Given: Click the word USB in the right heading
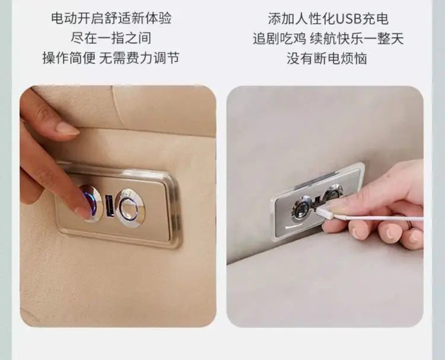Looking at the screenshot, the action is [348, 19].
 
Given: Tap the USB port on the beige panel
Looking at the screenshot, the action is [110, 206].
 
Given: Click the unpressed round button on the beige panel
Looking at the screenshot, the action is [131, 208].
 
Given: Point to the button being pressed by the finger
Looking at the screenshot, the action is [92, 203].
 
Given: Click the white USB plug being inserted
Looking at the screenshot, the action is [325, 211].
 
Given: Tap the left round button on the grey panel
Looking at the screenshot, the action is [302, 209].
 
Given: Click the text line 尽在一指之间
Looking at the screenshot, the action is [111, 38].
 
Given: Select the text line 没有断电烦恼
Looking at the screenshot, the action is [327, 58].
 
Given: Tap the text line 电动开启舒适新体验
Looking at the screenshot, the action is [112, 18].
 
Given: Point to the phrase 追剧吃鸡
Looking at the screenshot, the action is [279, 39].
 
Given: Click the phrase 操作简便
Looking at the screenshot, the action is [69, 58].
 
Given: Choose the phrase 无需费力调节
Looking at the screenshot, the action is [139, 58].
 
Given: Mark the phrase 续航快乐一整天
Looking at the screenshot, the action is [357, 39].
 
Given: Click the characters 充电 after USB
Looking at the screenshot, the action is [375, 19].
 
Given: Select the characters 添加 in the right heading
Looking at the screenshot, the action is [281, 19].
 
